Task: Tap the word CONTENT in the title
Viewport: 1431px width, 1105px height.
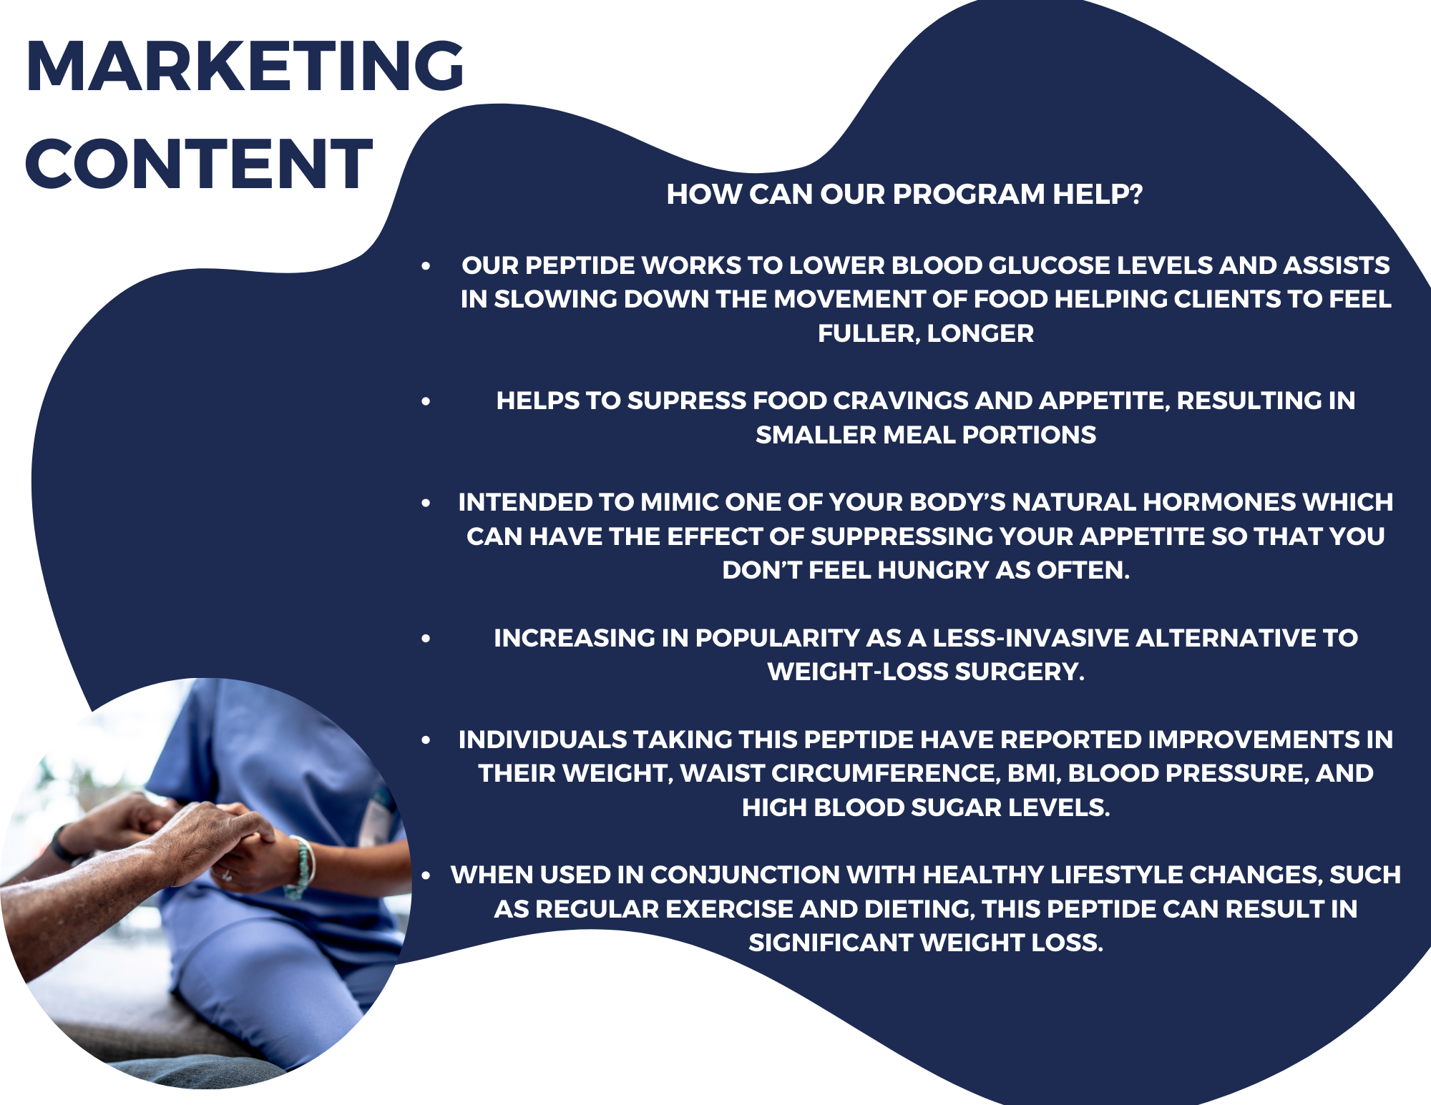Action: click(199, 164)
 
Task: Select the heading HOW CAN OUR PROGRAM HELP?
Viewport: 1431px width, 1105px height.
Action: click(904, 195)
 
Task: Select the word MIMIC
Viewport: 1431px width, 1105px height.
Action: click(679, 502)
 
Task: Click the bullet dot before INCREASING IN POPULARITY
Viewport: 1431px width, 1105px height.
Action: click(426, 638)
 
